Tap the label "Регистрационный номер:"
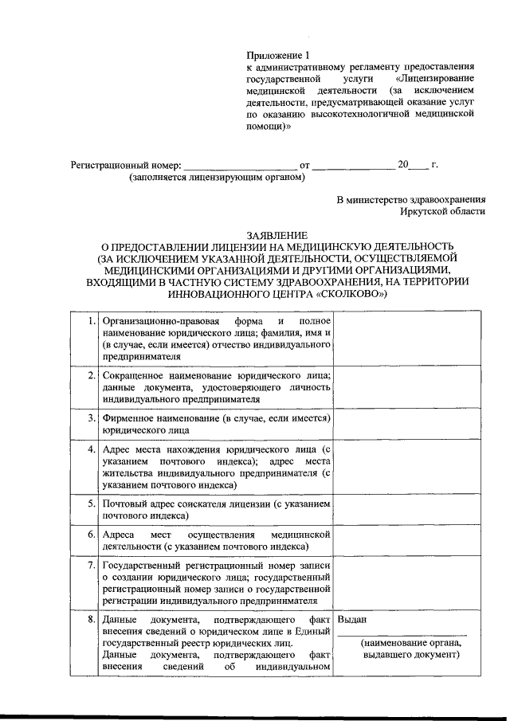[x=126, y=166]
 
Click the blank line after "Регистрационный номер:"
[x=240, y=167]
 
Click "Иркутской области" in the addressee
[x=442, y=211]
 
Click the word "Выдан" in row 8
[x=352, y=619]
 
